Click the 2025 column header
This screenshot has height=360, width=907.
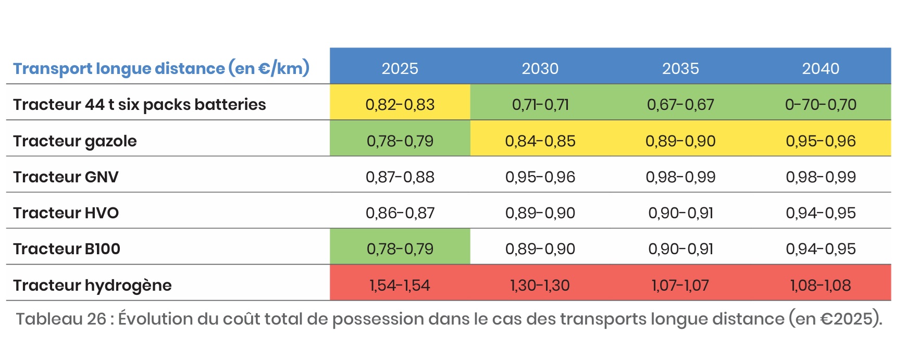pyautogui.click(x=400, y=68)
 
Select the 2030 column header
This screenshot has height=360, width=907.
pyautogui.click(x=540, y=68)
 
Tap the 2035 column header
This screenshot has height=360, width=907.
pyautogui.click(x=680, y=68)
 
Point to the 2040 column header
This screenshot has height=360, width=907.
pyautogui.click(x=820, y=68)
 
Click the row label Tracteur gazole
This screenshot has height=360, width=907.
pyautogui.click(x=74, y=141)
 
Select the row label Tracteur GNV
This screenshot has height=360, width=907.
pyautogui.click(x=66, y=177)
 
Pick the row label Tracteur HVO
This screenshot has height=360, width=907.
pyautogui.click(x=66, y=213)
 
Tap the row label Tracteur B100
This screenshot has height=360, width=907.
pyautogui.click(x=67, y=249)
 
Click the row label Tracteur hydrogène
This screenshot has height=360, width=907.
pyautogui.click(x=92, y=285)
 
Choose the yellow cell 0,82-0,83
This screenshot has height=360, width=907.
pyautogui.click(x=400, y=105)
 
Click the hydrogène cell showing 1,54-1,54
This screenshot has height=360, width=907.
pyautogui.click(x=400, y=285)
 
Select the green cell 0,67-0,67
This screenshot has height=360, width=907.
pyautogui.click(x=680, y=105)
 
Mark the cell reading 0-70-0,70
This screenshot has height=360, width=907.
pyautogui.click(x=820, y=105)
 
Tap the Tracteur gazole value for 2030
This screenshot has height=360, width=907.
pyautogui.click(x=540, y=141)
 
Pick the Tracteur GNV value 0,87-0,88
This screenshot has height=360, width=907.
pyautogui.click(x=400, y=177)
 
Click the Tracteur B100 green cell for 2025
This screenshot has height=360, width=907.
pyautogui.click(x=400, y=249)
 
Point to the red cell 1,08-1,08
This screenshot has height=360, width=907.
pyautogui.click(x=820, y=285)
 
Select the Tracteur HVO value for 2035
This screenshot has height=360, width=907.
pyautogui.click(x=680, y=213)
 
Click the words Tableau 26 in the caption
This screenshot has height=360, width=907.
pyautogui.click(x=60, y=319)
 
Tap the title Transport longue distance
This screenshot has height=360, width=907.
pyautogui.click(x=119, y=69)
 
